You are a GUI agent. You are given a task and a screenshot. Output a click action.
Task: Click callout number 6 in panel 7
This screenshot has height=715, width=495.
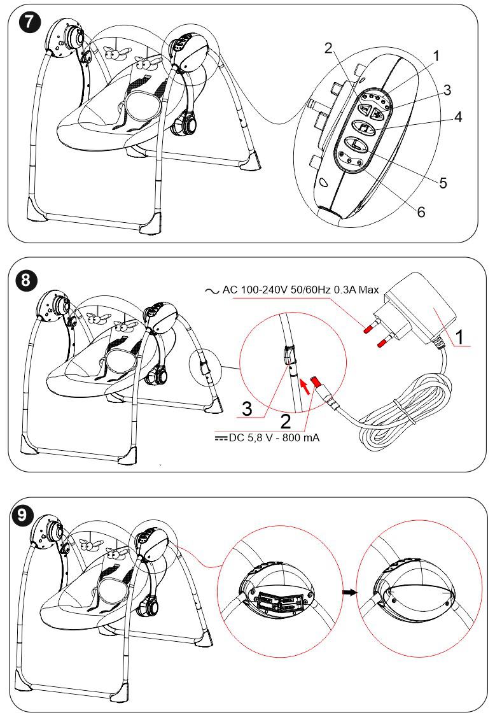tap(421, 212)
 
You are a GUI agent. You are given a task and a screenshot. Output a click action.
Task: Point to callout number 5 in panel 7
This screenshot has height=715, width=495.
tap(443, 183)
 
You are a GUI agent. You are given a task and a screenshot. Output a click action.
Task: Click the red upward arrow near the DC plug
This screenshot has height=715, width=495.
tap(305, 385)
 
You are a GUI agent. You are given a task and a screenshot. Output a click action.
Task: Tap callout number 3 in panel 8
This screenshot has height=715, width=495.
tap(251, 407)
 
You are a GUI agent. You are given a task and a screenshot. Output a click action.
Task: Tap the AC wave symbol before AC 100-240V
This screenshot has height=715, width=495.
tap(211, 290)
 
